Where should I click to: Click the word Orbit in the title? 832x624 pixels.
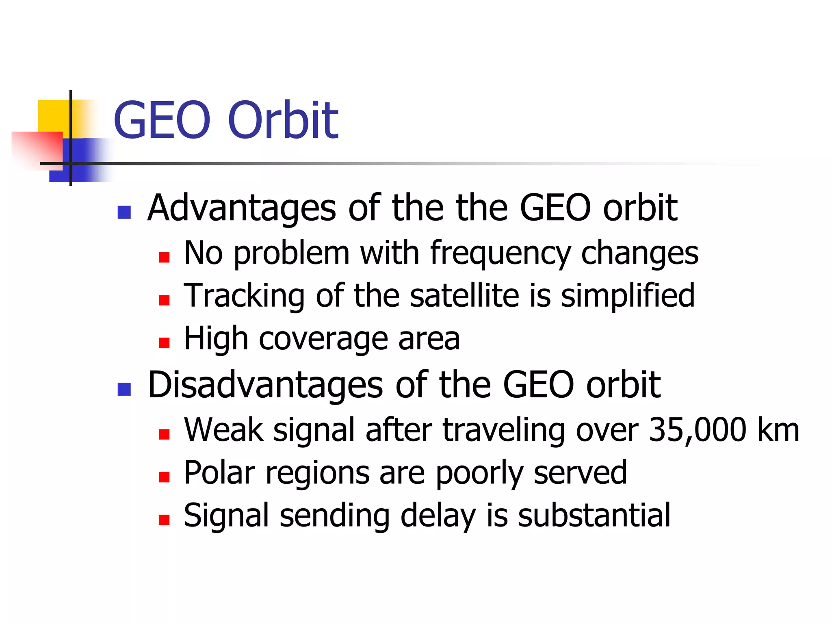click(283, 120)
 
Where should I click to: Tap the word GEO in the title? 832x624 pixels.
click(162, 120)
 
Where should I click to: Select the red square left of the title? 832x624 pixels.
click(37, 148)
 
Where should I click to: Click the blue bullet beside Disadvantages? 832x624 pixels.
click(124, 389)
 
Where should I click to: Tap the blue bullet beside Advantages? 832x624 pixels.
click(124, 212)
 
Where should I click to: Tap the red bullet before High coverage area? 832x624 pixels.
click(164, 343)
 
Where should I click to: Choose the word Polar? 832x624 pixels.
click(219, 472)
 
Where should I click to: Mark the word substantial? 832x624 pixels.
click(594, 515)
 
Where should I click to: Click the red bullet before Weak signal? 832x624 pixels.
click(164, 434)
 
